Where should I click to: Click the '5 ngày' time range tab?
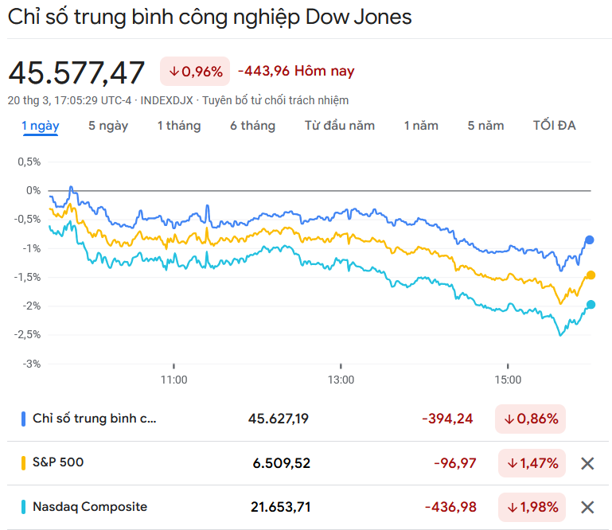pos(108,126)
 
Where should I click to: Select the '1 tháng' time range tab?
pos(178,126)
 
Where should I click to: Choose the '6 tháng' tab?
pos(252,126)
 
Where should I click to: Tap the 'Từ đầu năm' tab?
pos(339,126)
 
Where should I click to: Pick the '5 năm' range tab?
pos(485,126)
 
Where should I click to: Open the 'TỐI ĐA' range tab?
pos(554,126)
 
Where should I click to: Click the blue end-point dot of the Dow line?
pos(590,240)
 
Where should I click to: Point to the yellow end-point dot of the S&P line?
pos(591,275)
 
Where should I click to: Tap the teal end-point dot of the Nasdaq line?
pos(591,304)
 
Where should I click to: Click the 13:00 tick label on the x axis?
pos(341,380)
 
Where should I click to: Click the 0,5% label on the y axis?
pos(28,162)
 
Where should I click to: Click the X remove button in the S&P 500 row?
pos(587,463)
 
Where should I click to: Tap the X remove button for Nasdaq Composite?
pos(587,507)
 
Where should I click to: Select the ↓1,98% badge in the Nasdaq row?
pos(532,507)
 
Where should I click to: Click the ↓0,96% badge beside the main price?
pos(195,72)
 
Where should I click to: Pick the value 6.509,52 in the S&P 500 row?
pos(282,462)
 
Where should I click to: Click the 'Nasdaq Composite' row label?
pos(90,507)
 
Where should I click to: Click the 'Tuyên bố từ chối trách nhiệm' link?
pos(275,100)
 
